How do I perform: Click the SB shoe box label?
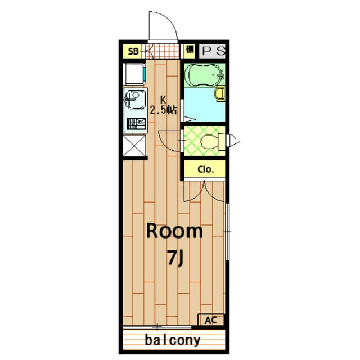[x=133, y=52]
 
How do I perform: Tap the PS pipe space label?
[x=213, y=51]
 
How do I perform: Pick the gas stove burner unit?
[x=136, y=123]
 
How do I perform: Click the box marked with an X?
[x=136, y=147]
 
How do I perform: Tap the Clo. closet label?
[x=205, y=169]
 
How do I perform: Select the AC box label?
[x=210, y=320]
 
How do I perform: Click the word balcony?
[x=173, y=340]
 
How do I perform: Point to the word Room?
[x=174, y=231]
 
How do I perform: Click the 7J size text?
[x=175, y=258]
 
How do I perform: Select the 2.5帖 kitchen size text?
[x=163, y=110]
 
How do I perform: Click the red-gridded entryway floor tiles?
[x=165, y=52]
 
